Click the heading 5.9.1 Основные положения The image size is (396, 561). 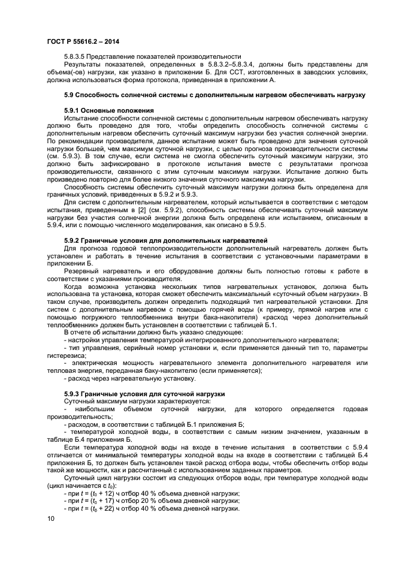109,111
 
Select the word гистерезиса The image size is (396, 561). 66,354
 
